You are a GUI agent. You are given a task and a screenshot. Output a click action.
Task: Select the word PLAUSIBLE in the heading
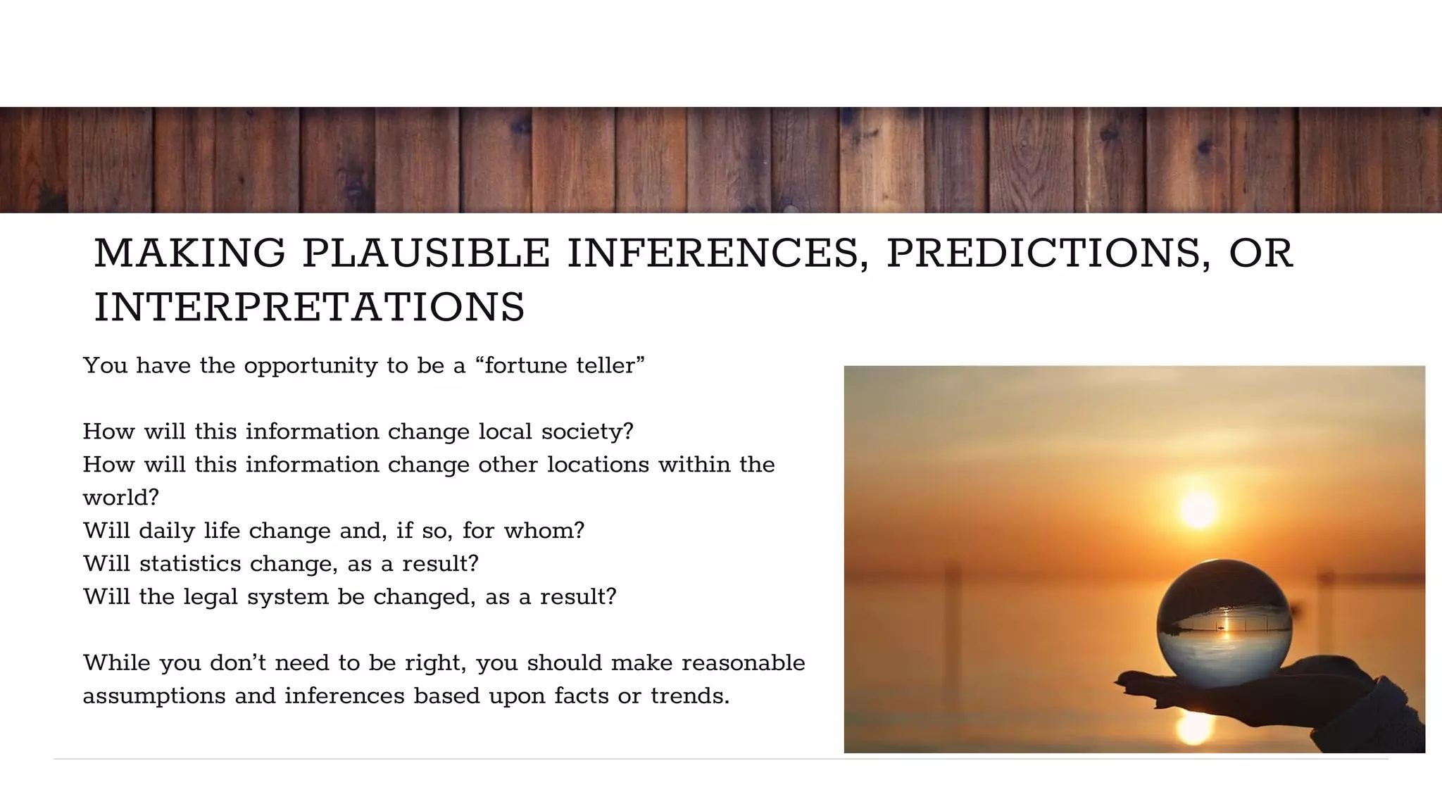[426, 253]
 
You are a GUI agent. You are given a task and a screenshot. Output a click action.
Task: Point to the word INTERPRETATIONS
[310, 308]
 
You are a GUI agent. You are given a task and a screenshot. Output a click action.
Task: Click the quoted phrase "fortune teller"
[560, 365]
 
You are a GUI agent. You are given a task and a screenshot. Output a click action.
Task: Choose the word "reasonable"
[743, 663]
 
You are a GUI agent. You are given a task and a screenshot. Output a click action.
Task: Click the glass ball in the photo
[1224, 622]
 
